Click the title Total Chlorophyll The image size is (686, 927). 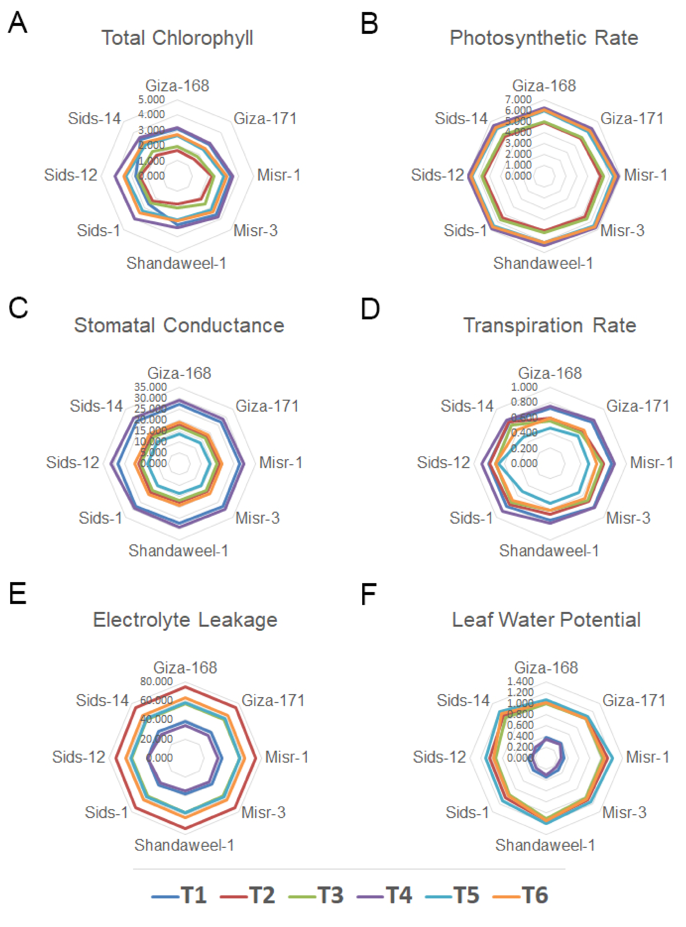coord(177,38)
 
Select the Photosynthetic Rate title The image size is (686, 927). coord(544,38)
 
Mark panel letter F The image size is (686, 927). coord(368,594)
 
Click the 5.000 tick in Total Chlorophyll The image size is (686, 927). coord(152,100)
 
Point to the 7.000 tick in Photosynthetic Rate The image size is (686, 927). coord(518,100)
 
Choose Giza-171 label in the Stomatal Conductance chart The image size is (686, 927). coord(267,406)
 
